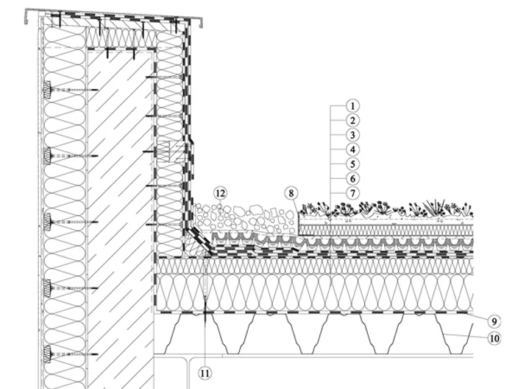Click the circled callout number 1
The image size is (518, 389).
(x=352, y=106)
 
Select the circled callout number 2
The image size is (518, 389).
(x=352, y=121)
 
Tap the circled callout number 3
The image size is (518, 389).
(x=352, y=136)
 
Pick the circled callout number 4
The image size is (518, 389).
(x=352, y=150)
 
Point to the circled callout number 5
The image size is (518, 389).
(x=352, y=164)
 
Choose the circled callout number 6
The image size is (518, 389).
(x=352, y=179)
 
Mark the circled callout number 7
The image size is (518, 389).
(x=352, y=193)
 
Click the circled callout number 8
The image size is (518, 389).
(x=291, y=193)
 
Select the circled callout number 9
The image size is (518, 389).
(x=494, y=321)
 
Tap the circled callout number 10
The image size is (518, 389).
(x=494, y=338)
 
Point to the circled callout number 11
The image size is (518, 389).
(x=205, y=374)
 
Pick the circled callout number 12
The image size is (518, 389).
(x=220, y=193)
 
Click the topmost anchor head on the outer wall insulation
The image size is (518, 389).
(x=47, y=90)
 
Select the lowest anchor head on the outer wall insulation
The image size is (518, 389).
(x=47, y=354)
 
